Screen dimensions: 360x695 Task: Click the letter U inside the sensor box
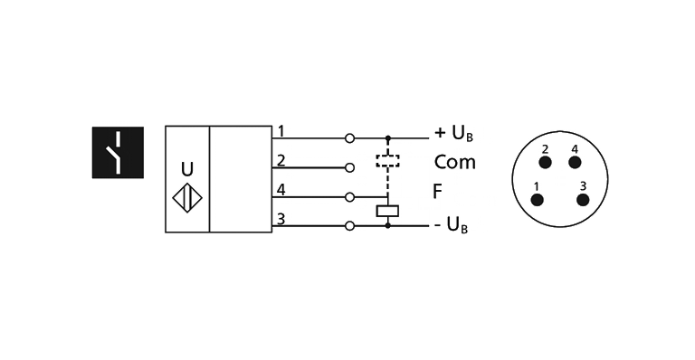(x=186, y=169)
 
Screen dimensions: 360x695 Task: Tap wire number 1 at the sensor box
(x=281, y=132)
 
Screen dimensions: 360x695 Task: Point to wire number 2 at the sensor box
(x=281, y=161)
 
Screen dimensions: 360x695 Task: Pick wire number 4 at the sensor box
(x=281, y=190)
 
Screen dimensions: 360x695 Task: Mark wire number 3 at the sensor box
(x=281, y=218)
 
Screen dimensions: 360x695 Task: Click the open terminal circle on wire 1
(x=349, y=138)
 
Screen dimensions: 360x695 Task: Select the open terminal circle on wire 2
(x=349, y=167)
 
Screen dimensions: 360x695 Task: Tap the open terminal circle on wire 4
(x=349, y=196)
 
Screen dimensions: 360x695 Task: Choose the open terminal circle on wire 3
(x=349, y=224)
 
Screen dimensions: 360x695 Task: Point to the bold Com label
(x=453, y=163)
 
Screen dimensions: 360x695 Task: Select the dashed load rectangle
(x=388, y=161)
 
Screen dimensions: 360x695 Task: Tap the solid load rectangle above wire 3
(x=388, y=211)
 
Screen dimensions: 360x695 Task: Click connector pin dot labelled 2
(x=546, y=162)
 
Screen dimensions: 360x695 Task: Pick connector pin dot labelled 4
(x=573, y=162)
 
